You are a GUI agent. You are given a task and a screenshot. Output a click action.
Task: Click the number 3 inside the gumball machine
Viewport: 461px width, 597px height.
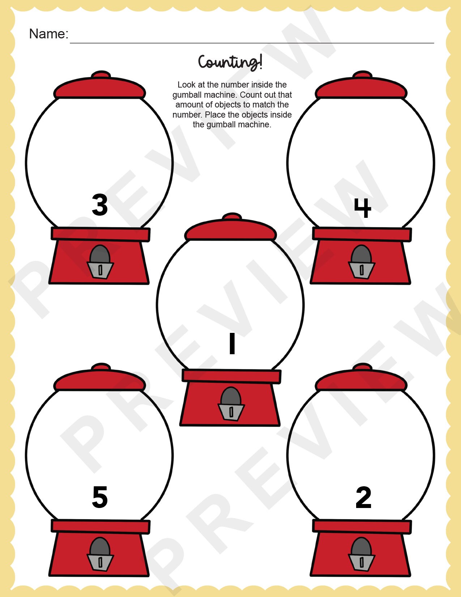coord(100,205)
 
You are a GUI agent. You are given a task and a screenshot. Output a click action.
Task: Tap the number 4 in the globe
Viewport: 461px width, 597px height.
coord(362,208)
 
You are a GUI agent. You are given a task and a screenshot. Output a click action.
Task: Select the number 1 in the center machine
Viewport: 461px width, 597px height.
coord(232,343)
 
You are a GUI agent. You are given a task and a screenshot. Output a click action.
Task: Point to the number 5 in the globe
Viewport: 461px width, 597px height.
coord(100,497)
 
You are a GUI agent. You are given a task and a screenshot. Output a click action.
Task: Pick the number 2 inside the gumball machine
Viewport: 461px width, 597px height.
coord(363,498)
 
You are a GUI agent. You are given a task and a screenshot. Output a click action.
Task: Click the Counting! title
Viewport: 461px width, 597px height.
coord(230,62)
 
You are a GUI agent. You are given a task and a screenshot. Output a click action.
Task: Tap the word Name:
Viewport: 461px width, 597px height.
coord(48,34)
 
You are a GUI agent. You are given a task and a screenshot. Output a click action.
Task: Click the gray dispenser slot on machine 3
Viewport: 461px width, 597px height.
coord(100,269)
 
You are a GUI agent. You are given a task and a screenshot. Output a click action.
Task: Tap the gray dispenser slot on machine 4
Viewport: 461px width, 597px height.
coord(362,269)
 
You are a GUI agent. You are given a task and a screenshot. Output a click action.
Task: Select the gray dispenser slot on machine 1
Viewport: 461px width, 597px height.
coord(231,411)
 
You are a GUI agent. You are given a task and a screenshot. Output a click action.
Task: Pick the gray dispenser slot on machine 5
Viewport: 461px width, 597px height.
coord(100,562)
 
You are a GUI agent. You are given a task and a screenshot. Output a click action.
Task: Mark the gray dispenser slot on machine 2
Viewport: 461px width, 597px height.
coord(362,562)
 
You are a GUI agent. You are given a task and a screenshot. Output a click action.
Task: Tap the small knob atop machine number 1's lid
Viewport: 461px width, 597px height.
coord(231,217)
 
